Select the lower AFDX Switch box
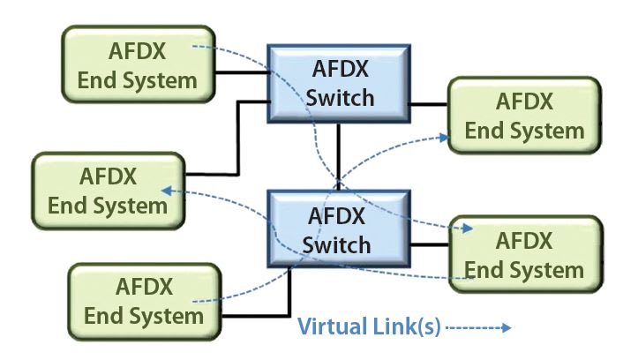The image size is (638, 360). (x=339, y=229)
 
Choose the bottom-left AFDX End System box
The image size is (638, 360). (x=144, y=300)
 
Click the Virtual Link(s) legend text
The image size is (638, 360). (x=368, y=327)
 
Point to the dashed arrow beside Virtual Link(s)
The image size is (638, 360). (x=481, y=327)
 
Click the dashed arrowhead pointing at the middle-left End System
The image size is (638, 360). (x=165, y=189)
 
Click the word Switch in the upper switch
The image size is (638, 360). (x=339, y=96)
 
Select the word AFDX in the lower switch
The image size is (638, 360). (x=339, y=214)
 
